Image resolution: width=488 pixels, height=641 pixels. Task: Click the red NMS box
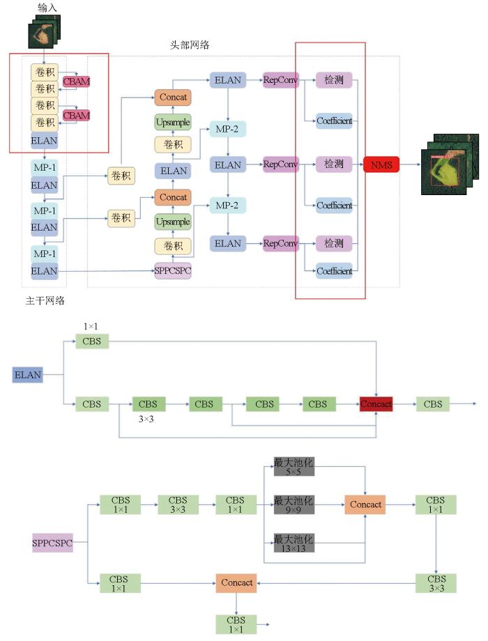point(381,164)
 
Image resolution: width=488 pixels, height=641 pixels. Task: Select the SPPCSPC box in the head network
point(172,271)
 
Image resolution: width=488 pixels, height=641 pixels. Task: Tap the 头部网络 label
point(190,45)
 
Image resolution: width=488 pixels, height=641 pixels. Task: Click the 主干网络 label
point(40,300)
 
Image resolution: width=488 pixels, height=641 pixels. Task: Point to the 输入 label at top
point(47,7)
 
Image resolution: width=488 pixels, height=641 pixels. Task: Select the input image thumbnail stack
point(45,31)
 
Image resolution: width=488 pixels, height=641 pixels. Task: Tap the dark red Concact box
point(376,403)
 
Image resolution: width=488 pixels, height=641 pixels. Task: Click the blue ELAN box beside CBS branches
point(27,375)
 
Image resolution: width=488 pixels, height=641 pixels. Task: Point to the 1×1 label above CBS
point(91,326)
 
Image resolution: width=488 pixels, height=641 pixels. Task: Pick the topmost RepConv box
point(281,80)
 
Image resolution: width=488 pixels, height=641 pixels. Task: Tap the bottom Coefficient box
point(334,271)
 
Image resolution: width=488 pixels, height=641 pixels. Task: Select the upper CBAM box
point(76,82)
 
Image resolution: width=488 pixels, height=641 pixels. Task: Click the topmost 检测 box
point(333,80)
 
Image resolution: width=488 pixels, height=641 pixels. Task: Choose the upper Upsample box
point(172,122)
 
